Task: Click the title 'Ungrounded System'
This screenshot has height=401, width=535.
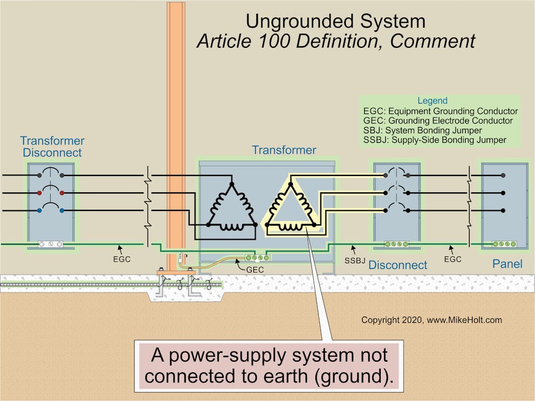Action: tap(335, 21)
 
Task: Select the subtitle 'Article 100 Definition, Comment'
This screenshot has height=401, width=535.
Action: tap(335, 42)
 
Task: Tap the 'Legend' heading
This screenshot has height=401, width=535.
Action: tap(433, 101)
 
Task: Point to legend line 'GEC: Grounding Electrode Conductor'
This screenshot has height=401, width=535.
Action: tap(438, 120)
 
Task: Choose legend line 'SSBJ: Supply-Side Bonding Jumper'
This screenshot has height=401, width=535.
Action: tap(435, 139)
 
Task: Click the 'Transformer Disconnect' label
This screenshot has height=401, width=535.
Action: tap(52, 147)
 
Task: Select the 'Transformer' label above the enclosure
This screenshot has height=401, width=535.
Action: tap(284, 150)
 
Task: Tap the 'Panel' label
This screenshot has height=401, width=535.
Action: tap(507, 263)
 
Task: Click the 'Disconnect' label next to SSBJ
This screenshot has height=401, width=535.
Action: tap(398, 264)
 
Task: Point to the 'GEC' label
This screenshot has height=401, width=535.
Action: tap(254, 270)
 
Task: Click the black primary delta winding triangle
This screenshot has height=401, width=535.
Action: tap(231, 206)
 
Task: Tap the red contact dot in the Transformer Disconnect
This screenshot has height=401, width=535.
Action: tap(39, 193)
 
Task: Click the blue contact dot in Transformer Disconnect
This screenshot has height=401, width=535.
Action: tap(39, 210)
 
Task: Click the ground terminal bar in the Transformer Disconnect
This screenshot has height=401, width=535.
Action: tap(50, 245)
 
